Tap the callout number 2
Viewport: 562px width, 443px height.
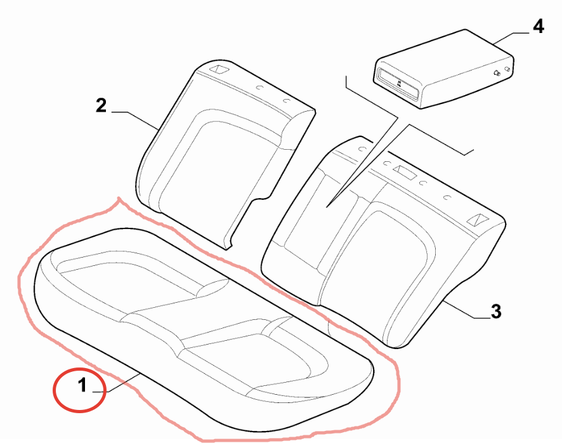click(x=101, y=105)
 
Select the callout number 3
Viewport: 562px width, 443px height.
click(x=496, y=311)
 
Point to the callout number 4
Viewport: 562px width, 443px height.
click(x=538, y=27)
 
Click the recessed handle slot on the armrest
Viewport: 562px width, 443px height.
click(x=396, y=83)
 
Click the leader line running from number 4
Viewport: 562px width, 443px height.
click(x=510, y=38)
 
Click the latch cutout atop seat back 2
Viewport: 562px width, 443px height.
click(x=219, y=69)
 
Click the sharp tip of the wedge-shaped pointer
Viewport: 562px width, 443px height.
click(x=327, y=207)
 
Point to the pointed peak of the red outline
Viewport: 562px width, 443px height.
click(x=119, y=197)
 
